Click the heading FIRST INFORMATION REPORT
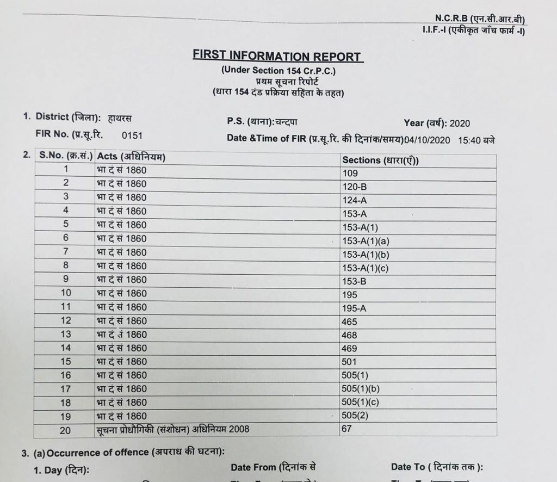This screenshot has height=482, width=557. (277, 57)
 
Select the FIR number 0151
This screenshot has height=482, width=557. (132, 135)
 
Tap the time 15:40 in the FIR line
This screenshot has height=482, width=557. (469, 140)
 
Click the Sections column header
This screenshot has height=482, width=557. (380, 160)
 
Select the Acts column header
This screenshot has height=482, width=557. (131, 157)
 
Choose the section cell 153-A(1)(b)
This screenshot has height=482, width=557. (365, 255)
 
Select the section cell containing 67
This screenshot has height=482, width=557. (347, 429)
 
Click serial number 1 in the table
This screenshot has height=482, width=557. (66, 170)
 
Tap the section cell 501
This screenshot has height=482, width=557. (349, 362)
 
